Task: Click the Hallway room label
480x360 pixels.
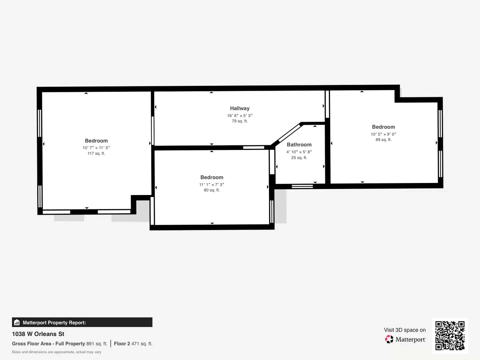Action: [240, 108]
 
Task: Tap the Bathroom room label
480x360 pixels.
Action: [299, 145]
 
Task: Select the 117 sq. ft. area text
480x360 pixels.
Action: [96, 153]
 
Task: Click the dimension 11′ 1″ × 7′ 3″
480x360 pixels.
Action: [212, 184]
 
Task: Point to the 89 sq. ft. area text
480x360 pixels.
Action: [383, 140]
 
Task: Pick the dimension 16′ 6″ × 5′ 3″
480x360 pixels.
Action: [240, 116]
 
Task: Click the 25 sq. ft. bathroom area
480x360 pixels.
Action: [299, 158]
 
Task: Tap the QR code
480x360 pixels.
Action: [450, 336]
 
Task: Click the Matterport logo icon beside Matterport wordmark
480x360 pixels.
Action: [389, 339]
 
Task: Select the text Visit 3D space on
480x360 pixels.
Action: [405, 330]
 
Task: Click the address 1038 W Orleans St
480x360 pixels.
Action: [38, 334]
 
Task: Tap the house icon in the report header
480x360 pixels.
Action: [17, 322]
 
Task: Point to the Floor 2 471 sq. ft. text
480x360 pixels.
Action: [133, 344]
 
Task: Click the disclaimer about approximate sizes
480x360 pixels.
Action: [57, 352]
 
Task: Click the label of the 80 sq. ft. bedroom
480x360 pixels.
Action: [212, 177]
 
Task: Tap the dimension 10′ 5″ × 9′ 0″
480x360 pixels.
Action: [383, 134]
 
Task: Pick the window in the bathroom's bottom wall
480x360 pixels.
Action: [302, 186]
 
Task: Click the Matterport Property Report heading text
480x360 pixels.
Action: [54, 323]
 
